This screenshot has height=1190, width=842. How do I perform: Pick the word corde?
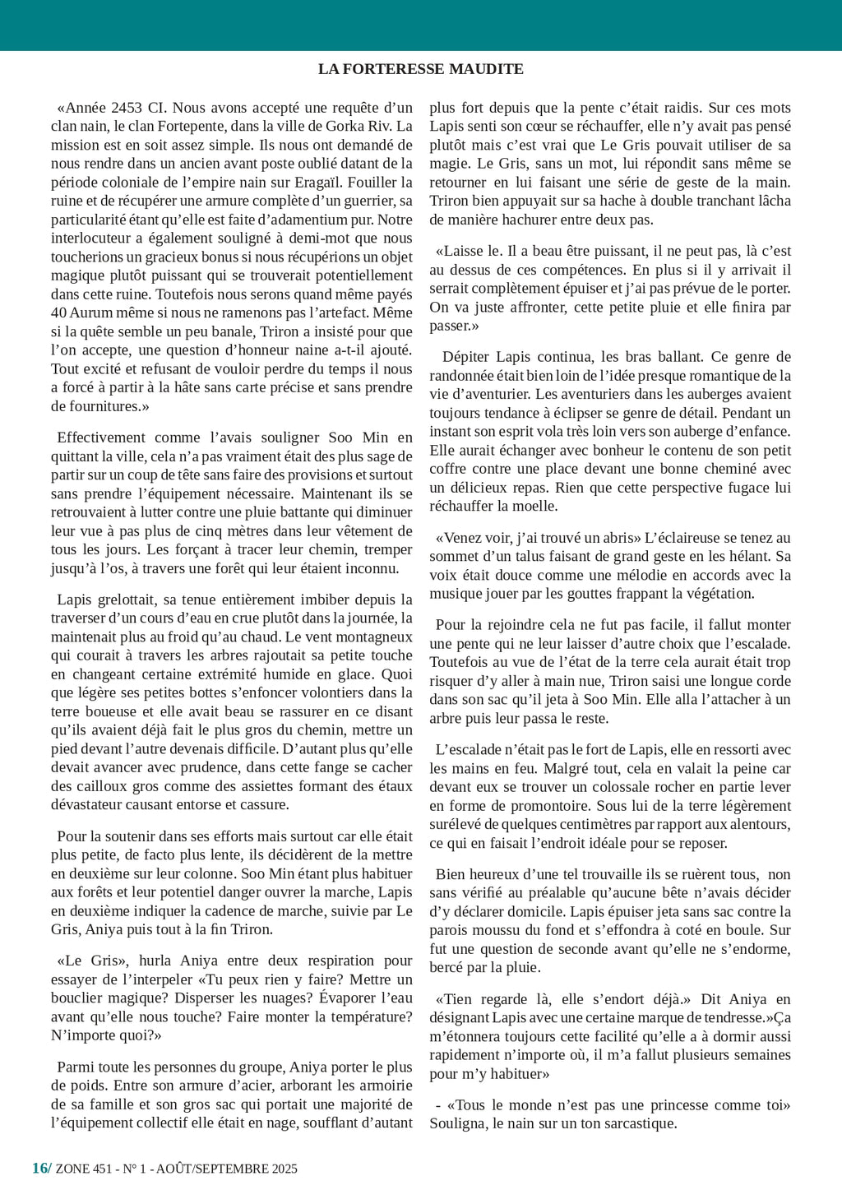(x=773, y=681)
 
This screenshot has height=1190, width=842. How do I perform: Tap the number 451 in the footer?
(x=103, y=1169)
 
